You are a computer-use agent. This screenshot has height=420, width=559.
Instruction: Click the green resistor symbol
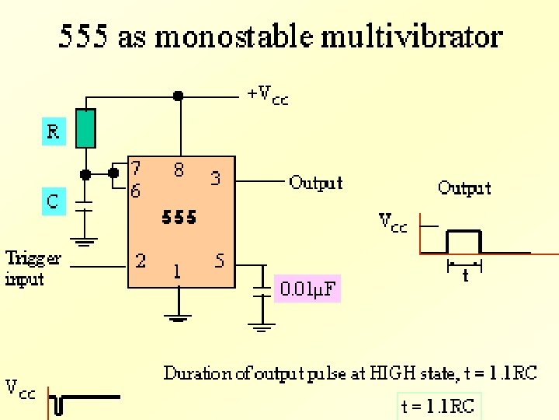click(x=86, y=128)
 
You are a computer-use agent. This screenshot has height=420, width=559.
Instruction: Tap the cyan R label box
click(x=53, y=131)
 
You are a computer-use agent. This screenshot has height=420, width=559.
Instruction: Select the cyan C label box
click(x=52, y=201)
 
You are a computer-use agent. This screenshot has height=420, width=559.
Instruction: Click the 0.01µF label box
click(x=308, y=290)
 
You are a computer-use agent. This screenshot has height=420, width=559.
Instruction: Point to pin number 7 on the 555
click(x=136, y=168)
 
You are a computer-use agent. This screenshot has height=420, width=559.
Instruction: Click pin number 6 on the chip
click(x=136, y=191)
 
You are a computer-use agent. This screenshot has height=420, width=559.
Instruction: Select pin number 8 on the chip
click(x=179, y=170)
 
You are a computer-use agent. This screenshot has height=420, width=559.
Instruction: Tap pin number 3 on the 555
click(x=216, y=178)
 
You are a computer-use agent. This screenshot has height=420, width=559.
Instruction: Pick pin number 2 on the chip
click(x=141, y=261)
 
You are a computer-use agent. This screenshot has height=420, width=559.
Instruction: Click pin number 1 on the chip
click(x=178, y=271)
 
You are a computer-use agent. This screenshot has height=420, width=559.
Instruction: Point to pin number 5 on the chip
click(x=220, y=261)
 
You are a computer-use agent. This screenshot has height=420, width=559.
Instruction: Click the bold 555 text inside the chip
click(x=179, y=218)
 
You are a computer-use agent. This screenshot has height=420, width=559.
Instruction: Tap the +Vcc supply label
click(x=268, y=96)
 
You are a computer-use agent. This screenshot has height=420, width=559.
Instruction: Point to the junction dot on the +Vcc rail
click(x=179, y=96)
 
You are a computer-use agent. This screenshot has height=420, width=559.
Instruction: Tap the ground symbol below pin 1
click(x=179, y=317)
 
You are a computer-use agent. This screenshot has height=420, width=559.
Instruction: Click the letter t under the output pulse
click(x=465, y=275)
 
